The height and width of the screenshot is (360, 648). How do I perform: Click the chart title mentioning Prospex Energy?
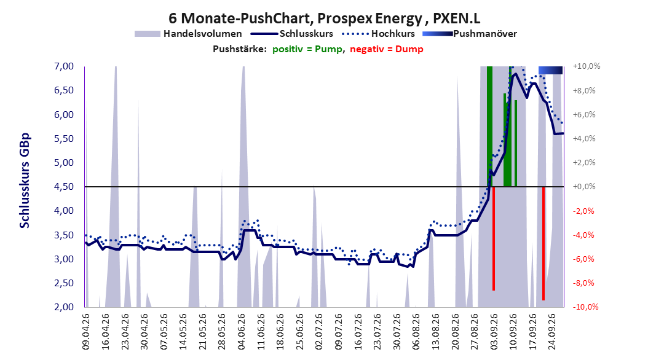pyautogui.click(x=325, y=18)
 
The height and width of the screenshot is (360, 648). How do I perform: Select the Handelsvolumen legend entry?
pyautogui.click(x=188, y=34)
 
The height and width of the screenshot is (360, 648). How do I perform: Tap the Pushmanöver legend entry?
pyautogui.click(x=470, y=34)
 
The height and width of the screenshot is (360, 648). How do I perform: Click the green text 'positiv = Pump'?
pyautogui.click(x=307, y=49)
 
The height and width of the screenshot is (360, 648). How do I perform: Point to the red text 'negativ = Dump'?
pyautogui.click(x=387, y=49)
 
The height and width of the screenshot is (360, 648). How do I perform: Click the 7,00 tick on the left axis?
pyautogui.click(x=64, y=66)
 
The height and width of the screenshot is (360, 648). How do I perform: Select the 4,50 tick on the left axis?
pyautogui.click(x=64, y=187)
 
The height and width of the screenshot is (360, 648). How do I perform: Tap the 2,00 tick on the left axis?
pyautogui.click(x=64, y=307)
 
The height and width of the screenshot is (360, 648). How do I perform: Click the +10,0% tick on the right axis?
pyautogui.click(x=587, y=66)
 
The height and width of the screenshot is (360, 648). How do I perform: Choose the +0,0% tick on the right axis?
pyautogui.click(x=584, y=187)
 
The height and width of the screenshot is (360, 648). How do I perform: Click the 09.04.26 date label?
pyautogui.click(x=86, y=332)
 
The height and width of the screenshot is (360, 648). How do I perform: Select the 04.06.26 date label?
pyautogui.click(x=242, y=332)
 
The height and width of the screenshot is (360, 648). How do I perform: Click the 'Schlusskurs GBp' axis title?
pyautogui.click(x=25, y=181)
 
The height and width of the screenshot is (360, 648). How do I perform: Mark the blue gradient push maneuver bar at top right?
pyautogui.click(x=550, y=70)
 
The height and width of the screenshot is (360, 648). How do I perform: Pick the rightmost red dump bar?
pyautogui.click(x=543, y=243)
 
